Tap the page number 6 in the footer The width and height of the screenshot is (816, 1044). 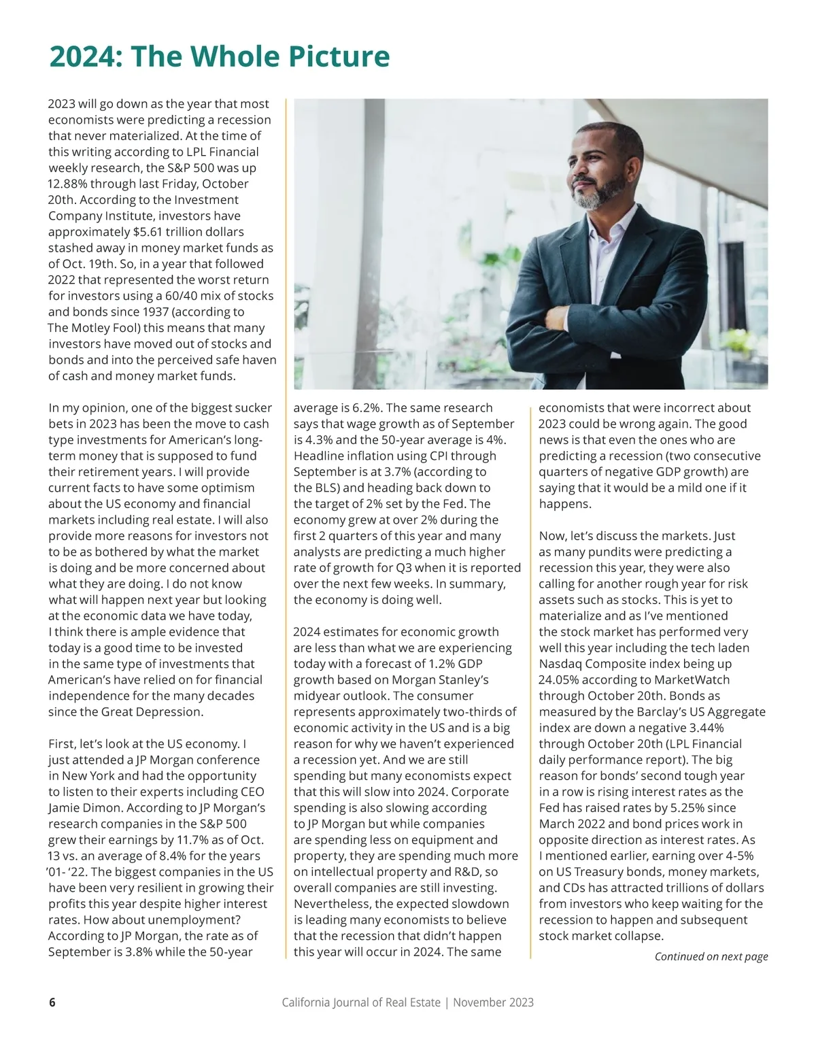(52, 1003)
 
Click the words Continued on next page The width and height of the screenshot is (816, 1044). (711, 956)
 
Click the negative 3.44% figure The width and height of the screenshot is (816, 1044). (700, 728)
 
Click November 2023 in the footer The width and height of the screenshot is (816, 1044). (493, 1003)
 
